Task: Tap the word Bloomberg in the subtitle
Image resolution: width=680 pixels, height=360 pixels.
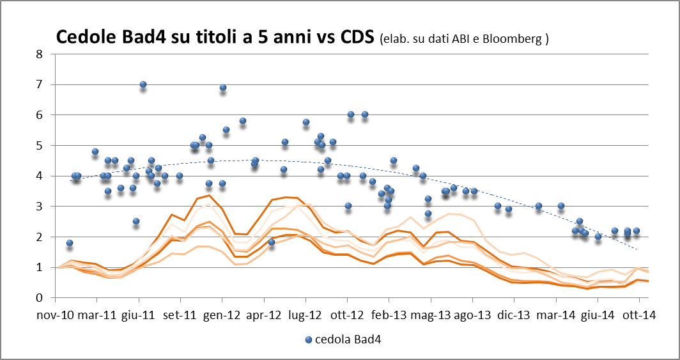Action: click(516, 39)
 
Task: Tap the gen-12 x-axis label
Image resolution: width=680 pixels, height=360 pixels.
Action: click(222, 315)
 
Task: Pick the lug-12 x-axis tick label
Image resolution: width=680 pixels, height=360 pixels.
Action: click(305, 315)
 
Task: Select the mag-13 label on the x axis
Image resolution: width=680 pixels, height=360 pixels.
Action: click(431, 315)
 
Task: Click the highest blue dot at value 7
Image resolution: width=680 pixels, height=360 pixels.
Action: click(143, 85)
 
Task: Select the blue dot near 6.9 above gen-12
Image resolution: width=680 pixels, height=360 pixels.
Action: click(223, 88)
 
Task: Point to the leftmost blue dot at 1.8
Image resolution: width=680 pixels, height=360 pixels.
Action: click(70, 243)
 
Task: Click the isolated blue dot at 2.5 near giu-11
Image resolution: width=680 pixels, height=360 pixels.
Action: click(136, 221)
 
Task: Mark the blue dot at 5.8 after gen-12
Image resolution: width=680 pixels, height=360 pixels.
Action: click(243, 121)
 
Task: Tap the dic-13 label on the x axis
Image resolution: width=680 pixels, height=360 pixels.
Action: click(514, 315)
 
